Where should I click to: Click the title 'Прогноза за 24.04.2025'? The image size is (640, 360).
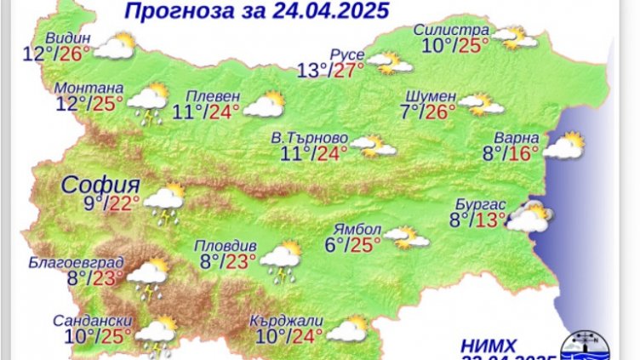tap(243, 11)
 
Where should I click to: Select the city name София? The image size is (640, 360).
tap(100, 185)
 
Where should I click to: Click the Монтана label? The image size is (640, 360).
tap(88, 89)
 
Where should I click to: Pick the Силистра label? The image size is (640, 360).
tap(451, 30)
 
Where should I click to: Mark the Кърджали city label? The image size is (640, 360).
tap(287, 320)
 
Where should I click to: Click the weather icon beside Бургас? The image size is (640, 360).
tap(529, 218)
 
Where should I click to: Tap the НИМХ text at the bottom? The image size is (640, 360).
tap(489, 345)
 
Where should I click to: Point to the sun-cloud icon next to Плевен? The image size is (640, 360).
tap(264, 105)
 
